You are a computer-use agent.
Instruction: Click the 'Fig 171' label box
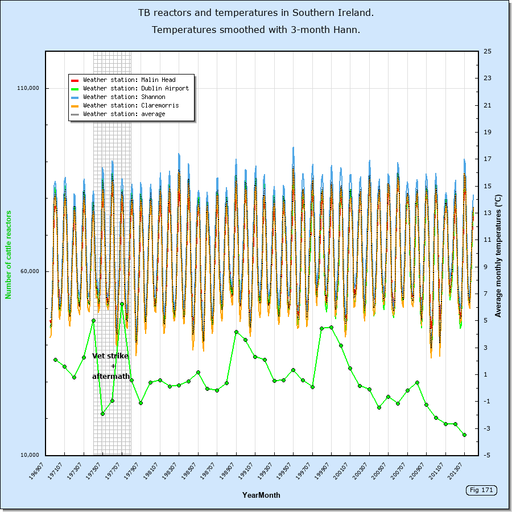(x=480, y=490)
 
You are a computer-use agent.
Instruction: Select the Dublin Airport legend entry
(x=135, y=89)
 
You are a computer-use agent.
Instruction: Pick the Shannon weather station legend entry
(x=124, y=97)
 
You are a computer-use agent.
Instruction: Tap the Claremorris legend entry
(x=130, y=106)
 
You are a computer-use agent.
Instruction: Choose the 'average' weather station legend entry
(x=124, y=114)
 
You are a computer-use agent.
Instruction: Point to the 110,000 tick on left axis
(x=28, y=88)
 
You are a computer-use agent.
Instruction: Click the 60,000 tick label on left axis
(x=30, y=271)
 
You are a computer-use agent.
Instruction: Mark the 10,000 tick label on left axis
(x=30, y=455)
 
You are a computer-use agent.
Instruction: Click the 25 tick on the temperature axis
(x=488, y=51)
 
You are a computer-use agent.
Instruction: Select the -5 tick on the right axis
(x=488, y=455)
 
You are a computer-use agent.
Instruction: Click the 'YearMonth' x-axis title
(x=261, y=495)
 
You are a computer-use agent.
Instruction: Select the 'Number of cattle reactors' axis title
(x=9, y=254)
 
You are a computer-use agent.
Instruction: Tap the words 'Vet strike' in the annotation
(x=110, y=356)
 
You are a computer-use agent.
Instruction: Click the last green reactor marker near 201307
(x=464, y=435)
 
